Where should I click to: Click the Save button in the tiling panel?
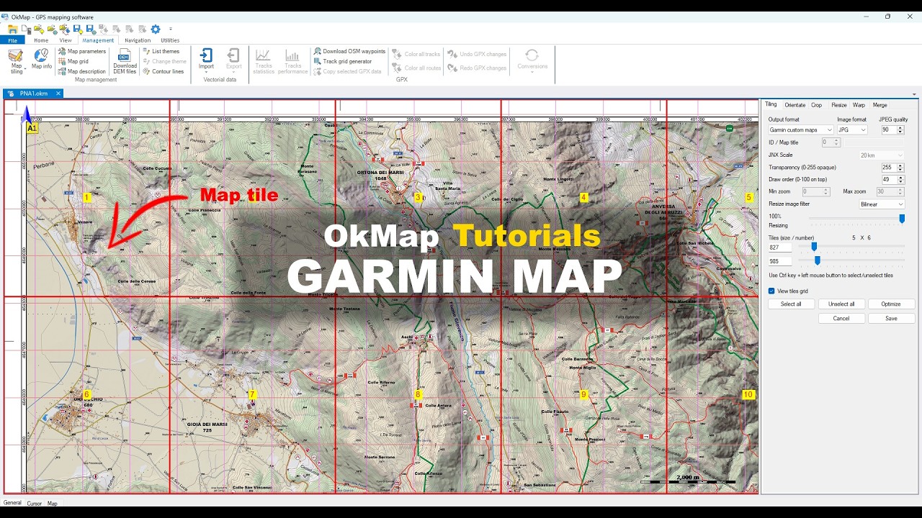[x=891, y=318]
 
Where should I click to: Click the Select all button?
[x=790, y=304]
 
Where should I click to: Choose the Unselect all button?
[x=841, y=304]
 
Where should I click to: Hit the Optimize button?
[x=891, y=304]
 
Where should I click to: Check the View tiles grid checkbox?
[x=771, y=291]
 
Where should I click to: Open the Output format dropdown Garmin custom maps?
[x=800, y=130]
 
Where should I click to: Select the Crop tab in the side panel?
[x=816, y=105]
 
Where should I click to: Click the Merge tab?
[x=880, y=105]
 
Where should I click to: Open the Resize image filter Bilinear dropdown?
[x=881, y=204]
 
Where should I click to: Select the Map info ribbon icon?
[x=42, y=59]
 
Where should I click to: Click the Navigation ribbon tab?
[x=138, y=40]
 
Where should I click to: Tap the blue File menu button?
[x=12, y=40]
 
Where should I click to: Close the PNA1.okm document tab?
[x=58, y=94]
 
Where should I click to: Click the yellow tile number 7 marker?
[x=251, y=394]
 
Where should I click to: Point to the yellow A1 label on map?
[x=32, y=128]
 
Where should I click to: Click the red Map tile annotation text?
[x=238, y=195]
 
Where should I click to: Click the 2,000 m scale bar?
[x=687, y=479]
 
